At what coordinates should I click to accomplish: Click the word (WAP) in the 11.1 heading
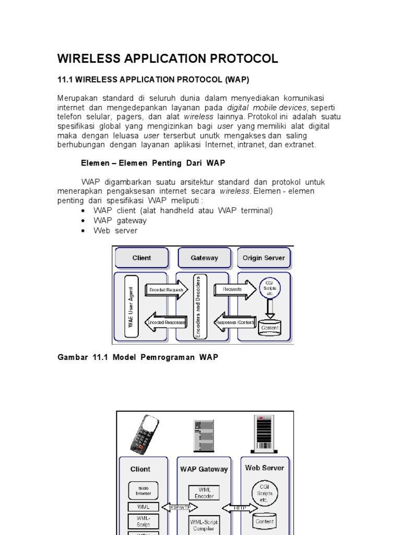click(x=237, y=79)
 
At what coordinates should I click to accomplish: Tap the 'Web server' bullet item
click(x=115, y=230)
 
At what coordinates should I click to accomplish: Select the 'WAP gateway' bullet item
click(x=120, y=220)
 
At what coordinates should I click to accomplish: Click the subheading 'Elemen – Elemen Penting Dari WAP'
click(x=153, y=163)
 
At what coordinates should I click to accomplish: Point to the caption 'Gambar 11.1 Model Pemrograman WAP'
click(x=137, y=357)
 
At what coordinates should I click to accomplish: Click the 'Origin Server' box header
click(x=264, y=258)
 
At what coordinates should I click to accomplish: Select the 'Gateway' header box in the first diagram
click(x=204, y=258)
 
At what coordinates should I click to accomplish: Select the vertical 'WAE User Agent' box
click(x=131, y=306)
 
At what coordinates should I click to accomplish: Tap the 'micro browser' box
click(x=143, y=490)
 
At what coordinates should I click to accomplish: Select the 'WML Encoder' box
click(x=204, y=493)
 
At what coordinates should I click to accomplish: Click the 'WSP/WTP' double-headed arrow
click(x=179, y=507)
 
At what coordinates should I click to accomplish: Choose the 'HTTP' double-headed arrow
click(x=240, y=507)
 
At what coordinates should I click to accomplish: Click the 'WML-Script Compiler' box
click(x=204, y=525)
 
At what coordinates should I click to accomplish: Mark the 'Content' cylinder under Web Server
click(x=265, y=521)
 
